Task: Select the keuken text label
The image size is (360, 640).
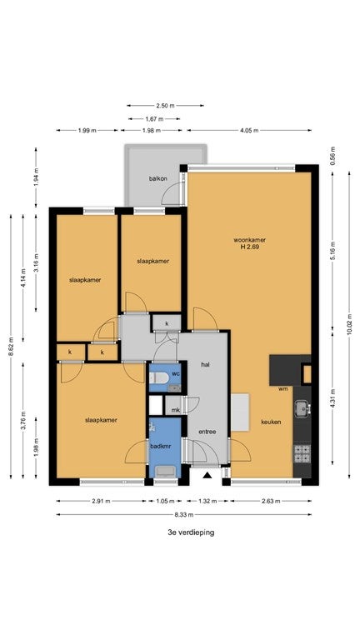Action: click(x=271, y=422)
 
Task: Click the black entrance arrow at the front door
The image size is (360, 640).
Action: click(x=207, y=475)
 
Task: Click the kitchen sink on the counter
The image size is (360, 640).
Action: click(x=302, y=408)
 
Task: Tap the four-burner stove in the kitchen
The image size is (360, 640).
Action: click(x=302, y=453)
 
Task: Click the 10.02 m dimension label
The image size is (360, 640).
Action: click(x=349, y=324)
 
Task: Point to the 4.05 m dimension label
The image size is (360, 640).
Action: click(x=249, y=131)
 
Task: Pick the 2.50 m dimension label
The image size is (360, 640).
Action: click(x=165, y=106)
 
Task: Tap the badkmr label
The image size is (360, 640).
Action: click(x=160, y=446)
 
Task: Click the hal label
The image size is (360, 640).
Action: click(x=205, y=364)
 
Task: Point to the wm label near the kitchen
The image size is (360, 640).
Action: click(x=283, y=388)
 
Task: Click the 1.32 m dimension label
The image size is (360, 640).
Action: click(x=207, y=501)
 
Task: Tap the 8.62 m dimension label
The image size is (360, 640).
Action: click(x=11, y=347)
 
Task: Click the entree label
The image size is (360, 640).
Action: click(x=207, y=432)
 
